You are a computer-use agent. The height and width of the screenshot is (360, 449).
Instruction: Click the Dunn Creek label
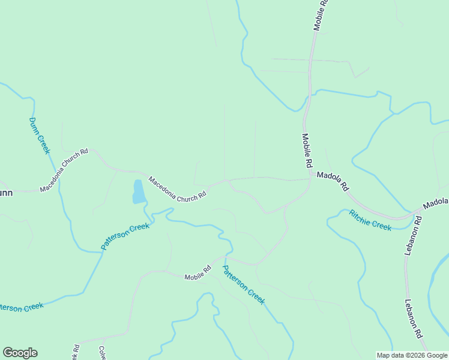pos(39,136)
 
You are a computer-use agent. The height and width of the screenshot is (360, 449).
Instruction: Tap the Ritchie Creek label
pos(370,220)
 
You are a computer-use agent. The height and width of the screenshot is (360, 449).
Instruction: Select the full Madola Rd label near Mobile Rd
pos(333,181)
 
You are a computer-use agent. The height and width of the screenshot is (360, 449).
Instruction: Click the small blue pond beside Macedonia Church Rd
pos(138,191)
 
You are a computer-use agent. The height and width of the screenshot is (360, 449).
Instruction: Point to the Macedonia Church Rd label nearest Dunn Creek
pos(64,170)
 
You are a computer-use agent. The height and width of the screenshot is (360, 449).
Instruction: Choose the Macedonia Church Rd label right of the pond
pos(178,188)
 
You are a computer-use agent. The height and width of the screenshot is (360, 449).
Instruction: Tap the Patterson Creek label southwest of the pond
pos(125,236)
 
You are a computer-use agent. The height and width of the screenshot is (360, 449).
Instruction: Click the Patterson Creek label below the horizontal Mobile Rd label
pos(243,284)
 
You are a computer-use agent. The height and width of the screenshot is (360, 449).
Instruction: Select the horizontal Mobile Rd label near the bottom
pos(198,273)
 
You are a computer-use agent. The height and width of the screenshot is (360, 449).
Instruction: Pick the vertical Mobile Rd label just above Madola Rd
pos(307,151)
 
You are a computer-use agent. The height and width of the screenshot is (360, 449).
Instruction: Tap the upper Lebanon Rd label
pos(412,235)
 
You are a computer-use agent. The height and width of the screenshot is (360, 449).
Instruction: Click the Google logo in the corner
pos(20,353)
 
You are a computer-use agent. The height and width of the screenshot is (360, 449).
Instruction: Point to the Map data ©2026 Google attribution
pos(412,355)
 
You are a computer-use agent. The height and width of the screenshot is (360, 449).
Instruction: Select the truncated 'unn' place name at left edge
pos(6,193)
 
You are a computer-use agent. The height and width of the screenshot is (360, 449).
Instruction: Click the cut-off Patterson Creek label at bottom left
pos(21,307)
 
